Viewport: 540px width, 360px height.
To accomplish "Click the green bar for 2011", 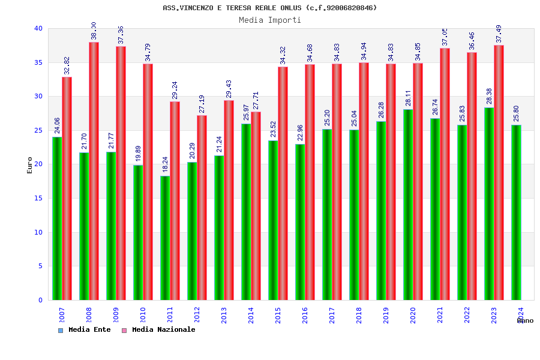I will [x=165, y=238].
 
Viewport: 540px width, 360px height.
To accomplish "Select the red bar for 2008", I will [x=94, y=171].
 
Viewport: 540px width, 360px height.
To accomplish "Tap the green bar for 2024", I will [x=516, y=212].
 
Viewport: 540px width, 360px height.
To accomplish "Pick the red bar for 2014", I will [x=256, y=206].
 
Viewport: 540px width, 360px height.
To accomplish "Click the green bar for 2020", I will [x=408, y=205].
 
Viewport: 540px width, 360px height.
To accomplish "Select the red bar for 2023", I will [x=499, y=172].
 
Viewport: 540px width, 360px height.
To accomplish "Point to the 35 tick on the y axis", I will [x=38, y=62].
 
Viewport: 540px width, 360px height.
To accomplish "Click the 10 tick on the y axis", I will [x=38, y=232].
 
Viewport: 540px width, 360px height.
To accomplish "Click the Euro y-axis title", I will [x=30, y=165].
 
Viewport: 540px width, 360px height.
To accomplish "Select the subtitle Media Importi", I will [x=270, y=20].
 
